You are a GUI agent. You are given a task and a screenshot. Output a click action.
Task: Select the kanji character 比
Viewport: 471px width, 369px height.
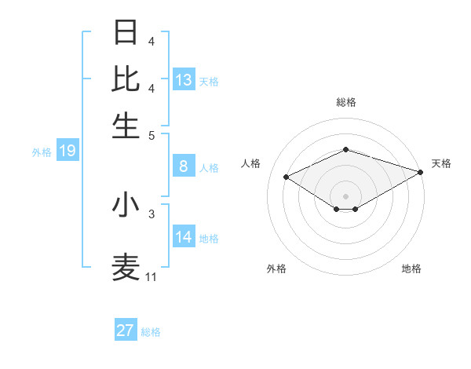click(126, 79)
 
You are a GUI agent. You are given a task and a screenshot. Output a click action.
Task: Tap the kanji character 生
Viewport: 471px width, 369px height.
click(126, 126)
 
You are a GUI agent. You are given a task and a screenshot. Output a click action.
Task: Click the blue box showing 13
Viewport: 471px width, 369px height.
click(184, 80)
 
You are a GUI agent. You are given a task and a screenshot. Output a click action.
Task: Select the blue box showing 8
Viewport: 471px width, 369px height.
click(184, 166)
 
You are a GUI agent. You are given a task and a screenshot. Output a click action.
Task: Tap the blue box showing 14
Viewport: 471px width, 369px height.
click(184, 237)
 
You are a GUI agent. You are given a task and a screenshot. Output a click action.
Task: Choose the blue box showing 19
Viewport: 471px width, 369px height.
click(67, 151)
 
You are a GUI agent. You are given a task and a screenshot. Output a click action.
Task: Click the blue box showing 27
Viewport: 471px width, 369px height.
click(126, 331)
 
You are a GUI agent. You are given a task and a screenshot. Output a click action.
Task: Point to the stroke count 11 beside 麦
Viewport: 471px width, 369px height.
click(151, 277)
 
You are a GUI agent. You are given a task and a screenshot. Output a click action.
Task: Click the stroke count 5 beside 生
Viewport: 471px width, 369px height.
click(152, 135)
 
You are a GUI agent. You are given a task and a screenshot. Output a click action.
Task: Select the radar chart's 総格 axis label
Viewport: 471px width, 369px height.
click(345, 103)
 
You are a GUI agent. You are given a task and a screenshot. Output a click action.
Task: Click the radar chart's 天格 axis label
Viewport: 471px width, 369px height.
click(441, 163)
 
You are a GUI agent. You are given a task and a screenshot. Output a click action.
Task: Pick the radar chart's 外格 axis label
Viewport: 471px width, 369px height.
click(276, 269)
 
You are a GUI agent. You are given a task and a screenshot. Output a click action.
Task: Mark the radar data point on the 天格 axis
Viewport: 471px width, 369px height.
click(421, 172)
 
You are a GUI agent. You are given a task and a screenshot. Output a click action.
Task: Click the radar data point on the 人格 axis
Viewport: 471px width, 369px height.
click(287, 177)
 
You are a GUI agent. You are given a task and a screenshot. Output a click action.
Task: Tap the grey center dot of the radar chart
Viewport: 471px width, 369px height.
click(345, 195)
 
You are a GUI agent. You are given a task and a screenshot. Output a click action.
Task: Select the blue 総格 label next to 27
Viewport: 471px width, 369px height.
click(151, 332)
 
